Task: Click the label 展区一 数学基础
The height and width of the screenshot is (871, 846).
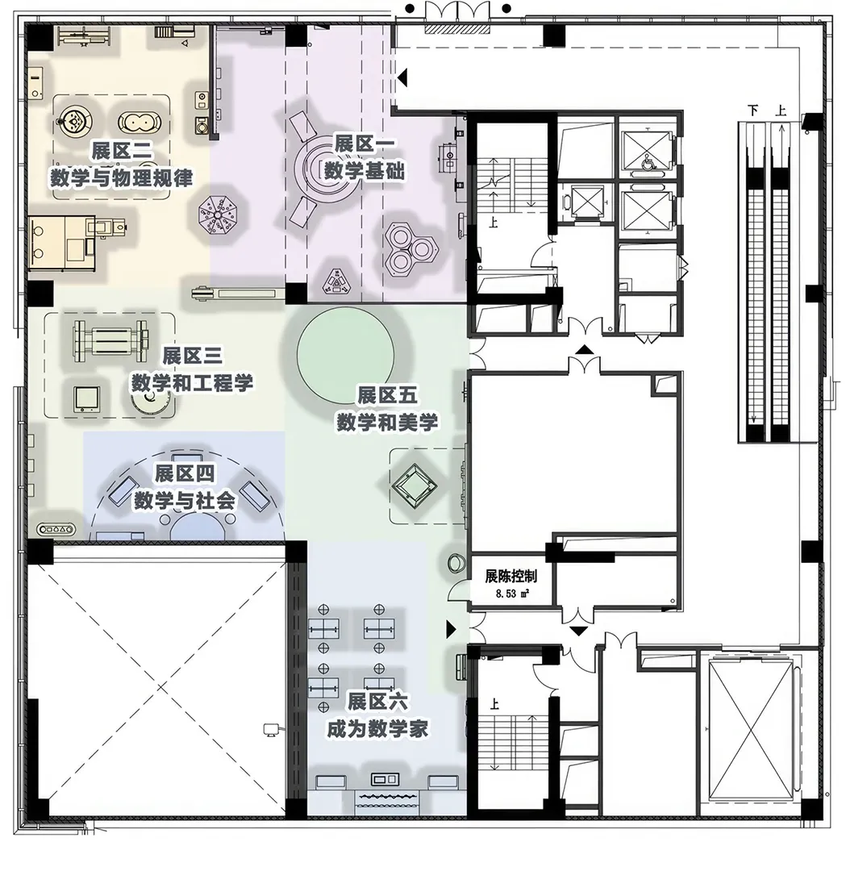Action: (x=365, y=158)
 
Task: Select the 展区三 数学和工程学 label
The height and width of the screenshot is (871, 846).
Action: (x=192, y=369)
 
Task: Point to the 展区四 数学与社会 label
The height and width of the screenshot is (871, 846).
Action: (x=185, y=487)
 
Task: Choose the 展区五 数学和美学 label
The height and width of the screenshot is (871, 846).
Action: (x=387, y=410)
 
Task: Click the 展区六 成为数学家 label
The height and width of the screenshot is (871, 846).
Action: (x=377, y=715)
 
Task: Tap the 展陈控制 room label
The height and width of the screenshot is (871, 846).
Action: (x=511, y=576)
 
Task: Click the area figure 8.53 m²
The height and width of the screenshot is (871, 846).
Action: (x=512, y=594)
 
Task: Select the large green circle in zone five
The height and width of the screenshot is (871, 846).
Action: (x=345, y=353)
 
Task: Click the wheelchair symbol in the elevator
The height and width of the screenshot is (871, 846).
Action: (x=647, y=162)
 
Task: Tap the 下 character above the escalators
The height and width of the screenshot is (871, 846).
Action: (x=752, y=110)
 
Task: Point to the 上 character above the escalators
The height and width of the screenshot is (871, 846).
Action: (x=781, y=110)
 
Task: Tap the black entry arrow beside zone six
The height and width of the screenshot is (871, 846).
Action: (x=451, y=629)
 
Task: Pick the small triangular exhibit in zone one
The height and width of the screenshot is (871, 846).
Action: (x=337, y=282)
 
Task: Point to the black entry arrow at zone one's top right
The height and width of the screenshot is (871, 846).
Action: (x=402, y=77)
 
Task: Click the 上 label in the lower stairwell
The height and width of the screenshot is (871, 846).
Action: (x=494, y=704)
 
